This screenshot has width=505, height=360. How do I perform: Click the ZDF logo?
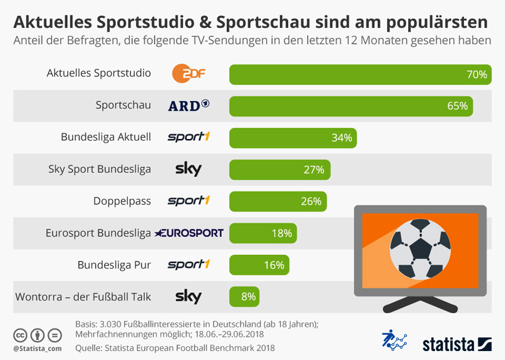click(x=188, y=74)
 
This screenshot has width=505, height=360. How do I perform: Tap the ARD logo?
click(x=188, y=106)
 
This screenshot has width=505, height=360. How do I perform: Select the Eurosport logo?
click(x=189, y=233)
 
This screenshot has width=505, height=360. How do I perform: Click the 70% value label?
click(x=476, y=74)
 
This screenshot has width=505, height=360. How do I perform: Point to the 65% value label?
click(x=457, y=106)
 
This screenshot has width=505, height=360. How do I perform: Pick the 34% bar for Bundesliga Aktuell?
click(x=293, y=138)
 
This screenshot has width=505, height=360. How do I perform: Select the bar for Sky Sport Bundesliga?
click(x=279, y=169)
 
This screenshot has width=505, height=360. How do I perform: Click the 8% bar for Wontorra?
click(x=244, y=296)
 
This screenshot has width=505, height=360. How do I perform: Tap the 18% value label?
click(x=282, y=233)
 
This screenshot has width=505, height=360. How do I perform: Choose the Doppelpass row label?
click(x=122, y=201)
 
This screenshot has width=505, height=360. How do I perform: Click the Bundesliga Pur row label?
click(x=114, y=264)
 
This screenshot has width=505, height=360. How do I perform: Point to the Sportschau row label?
click(x=123, y=106)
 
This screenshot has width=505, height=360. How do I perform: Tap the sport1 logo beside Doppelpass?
click(x=188, y=201)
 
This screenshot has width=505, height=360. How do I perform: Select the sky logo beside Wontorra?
click(x=188, y=296)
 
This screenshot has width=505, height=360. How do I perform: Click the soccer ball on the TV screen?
click(x=420, y=248)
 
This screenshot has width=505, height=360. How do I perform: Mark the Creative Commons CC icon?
click(x=21, y=335)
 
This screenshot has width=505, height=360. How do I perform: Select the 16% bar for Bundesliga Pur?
click(x=260, y=265)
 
